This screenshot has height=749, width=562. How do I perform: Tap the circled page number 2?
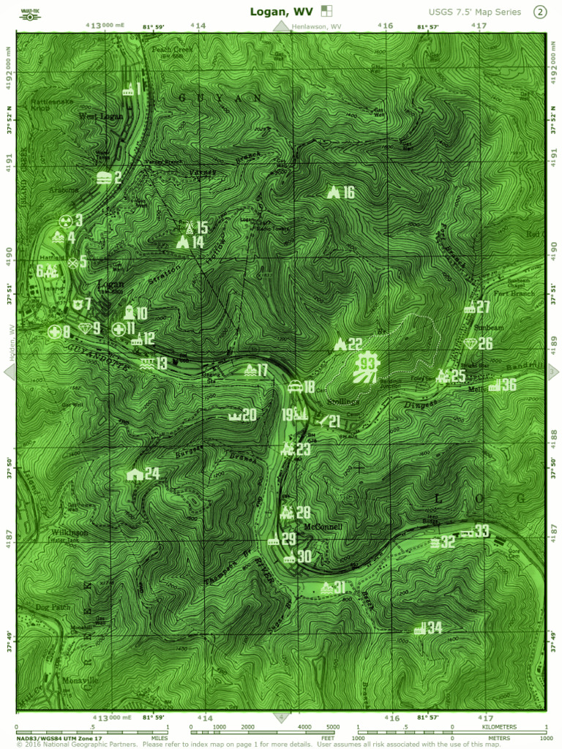(540, 12)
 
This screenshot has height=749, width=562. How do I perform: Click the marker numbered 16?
(334, 192)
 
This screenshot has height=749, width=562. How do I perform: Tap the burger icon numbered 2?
(103, 177)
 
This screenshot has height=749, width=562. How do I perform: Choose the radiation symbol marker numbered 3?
(64, 220)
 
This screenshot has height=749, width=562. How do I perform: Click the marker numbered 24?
(135, 474)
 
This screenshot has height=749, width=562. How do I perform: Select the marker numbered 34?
(421, 628)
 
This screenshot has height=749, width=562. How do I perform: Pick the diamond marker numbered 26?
(471, 344)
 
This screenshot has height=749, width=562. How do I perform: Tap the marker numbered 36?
(495, 385)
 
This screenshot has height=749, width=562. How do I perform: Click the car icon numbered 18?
(294, 388)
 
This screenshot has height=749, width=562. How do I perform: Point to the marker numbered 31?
(327, 587)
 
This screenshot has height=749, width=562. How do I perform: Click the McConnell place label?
(323, 527)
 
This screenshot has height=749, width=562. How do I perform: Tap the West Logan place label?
(101, 116)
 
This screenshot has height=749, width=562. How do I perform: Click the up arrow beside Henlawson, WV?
(282, 26)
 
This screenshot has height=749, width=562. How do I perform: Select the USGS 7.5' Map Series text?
(475, 12)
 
